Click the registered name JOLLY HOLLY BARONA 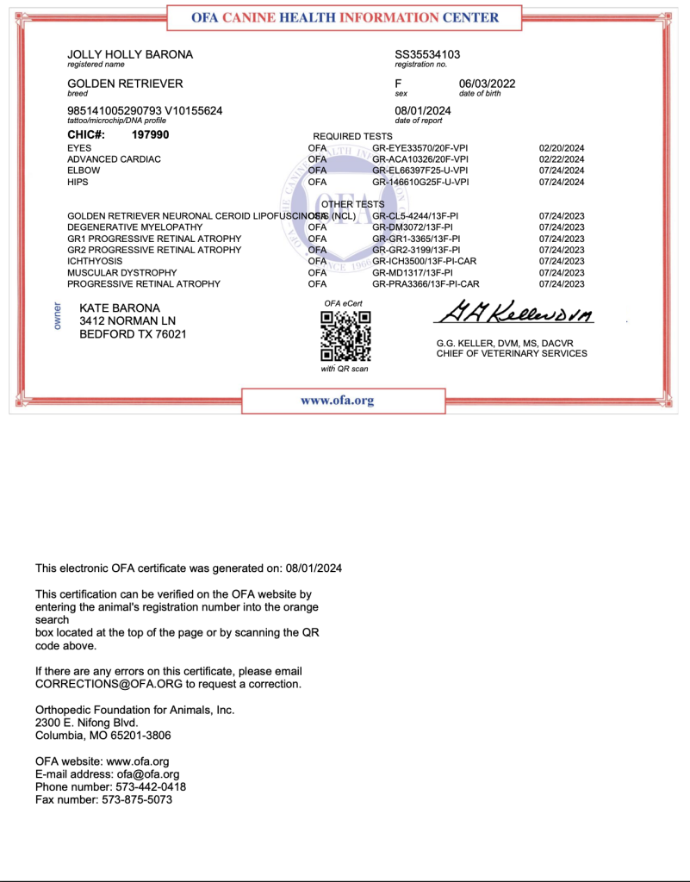(130, 54)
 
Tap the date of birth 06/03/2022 (487, 84)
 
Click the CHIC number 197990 (150, 135)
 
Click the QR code (345, 335)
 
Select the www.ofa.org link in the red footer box (337, 401)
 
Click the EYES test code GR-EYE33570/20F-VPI (420, 148)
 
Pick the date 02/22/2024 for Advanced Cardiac (562, 159)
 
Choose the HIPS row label (78, 182)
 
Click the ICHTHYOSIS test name (95, 261)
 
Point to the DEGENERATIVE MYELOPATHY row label (135, 227)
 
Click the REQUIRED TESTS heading (352, 136)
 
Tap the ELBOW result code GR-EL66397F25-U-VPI (420, 171)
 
